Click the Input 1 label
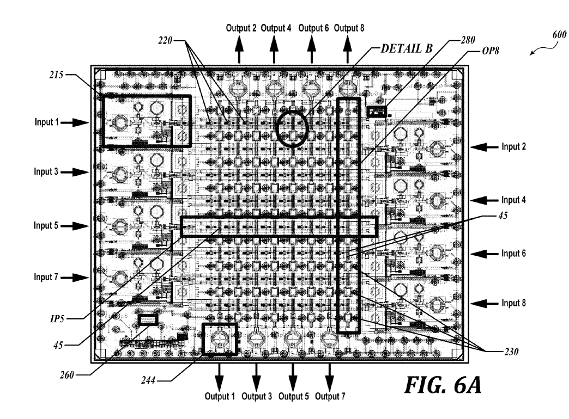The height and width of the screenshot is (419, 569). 46,122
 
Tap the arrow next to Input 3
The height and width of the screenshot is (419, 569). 74,172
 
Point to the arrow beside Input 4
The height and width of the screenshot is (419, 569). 485,200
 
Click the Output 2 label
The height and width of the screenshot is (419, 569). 241,28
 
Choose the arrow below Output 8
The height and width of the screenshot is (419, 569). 348,50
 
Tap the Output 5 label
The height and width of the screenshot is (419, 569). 294,396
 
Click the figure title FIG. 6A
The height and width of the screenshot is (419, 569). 443,385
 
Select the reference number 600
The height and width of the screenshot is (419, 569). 559,35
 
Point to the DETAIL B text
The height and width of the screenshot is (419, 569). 407,48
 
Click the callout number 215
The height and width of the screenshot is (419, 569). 56,75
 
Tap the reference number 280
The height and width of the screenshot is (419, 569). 468,40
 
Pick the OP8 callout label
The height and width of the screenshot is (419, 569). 491,51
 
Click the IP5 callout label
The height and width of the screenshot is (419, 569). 57,318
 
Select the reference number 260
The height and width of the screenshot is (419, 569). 67,375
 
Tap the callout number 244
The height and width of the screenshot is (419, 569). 148,380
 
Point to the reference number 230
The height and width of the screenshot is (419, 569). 511,351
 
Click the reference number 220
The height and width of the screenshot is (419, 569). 165,41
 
